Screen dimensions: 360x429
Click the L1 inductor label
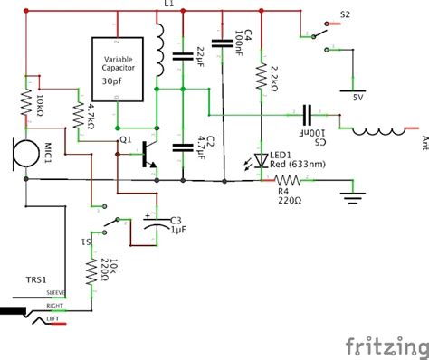(x=168, y=5)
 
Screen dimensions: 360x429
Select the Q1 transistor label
(x=125, y=140)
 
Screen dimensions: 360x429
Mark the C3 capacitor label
(x=176, y=220)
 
